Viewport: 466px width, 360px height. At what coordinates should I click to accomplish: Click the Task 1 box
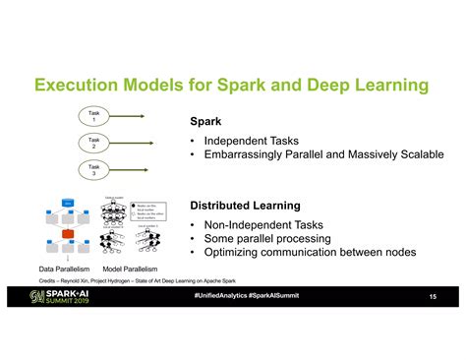click(x=95, y=116)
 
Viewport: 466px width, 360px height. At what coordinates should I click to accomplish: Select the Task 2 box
click(x=95, y=143)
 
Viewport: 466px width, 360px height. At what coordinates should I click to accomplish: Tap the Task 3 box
click(x=95, y=171)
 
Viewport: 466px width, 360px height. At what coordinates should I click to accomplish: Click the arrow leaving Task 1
click(x=143, y=116)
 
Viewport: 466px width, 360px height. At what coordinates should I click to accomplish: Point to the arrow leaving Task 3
click(x=143, y=171)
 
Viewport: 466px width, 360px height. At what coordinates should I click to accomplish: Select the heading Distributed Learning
click(x=245, y=207)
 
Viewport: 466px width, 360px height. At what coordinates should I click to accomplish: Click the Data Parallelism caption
click(x=65, y=269)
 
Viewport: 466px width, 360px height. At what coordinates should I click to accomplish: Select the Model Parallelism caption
click(x=130, y=269)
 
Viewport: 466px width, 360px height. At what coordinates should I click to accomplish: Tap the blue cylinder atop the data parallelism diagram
click(x=68, y=203)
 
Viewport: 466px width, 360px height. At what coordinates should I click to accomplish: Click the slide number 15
click(x=433, y=297)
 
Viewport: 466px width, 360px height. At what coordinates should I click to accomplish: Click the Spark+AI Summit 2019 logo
click(x=61, y=297)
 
